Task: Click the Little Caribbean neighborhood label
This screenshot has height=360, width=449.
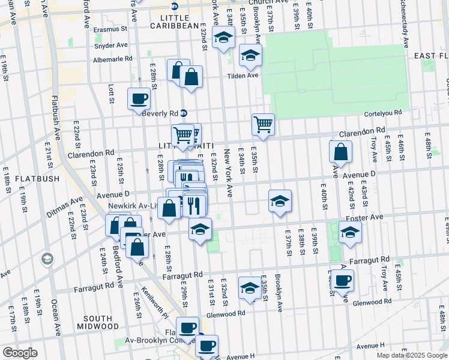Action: coord(173,20)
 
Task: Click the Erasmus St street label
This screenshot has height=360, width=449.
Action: coord(110,28)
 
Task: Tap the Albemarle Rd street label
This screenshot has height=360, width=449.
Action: coord(112,59)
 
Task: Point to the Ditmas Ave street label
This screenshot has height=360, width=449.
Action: coord(68,203)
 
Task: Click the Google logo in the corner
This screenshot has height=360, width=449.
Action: coord(20,353)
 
